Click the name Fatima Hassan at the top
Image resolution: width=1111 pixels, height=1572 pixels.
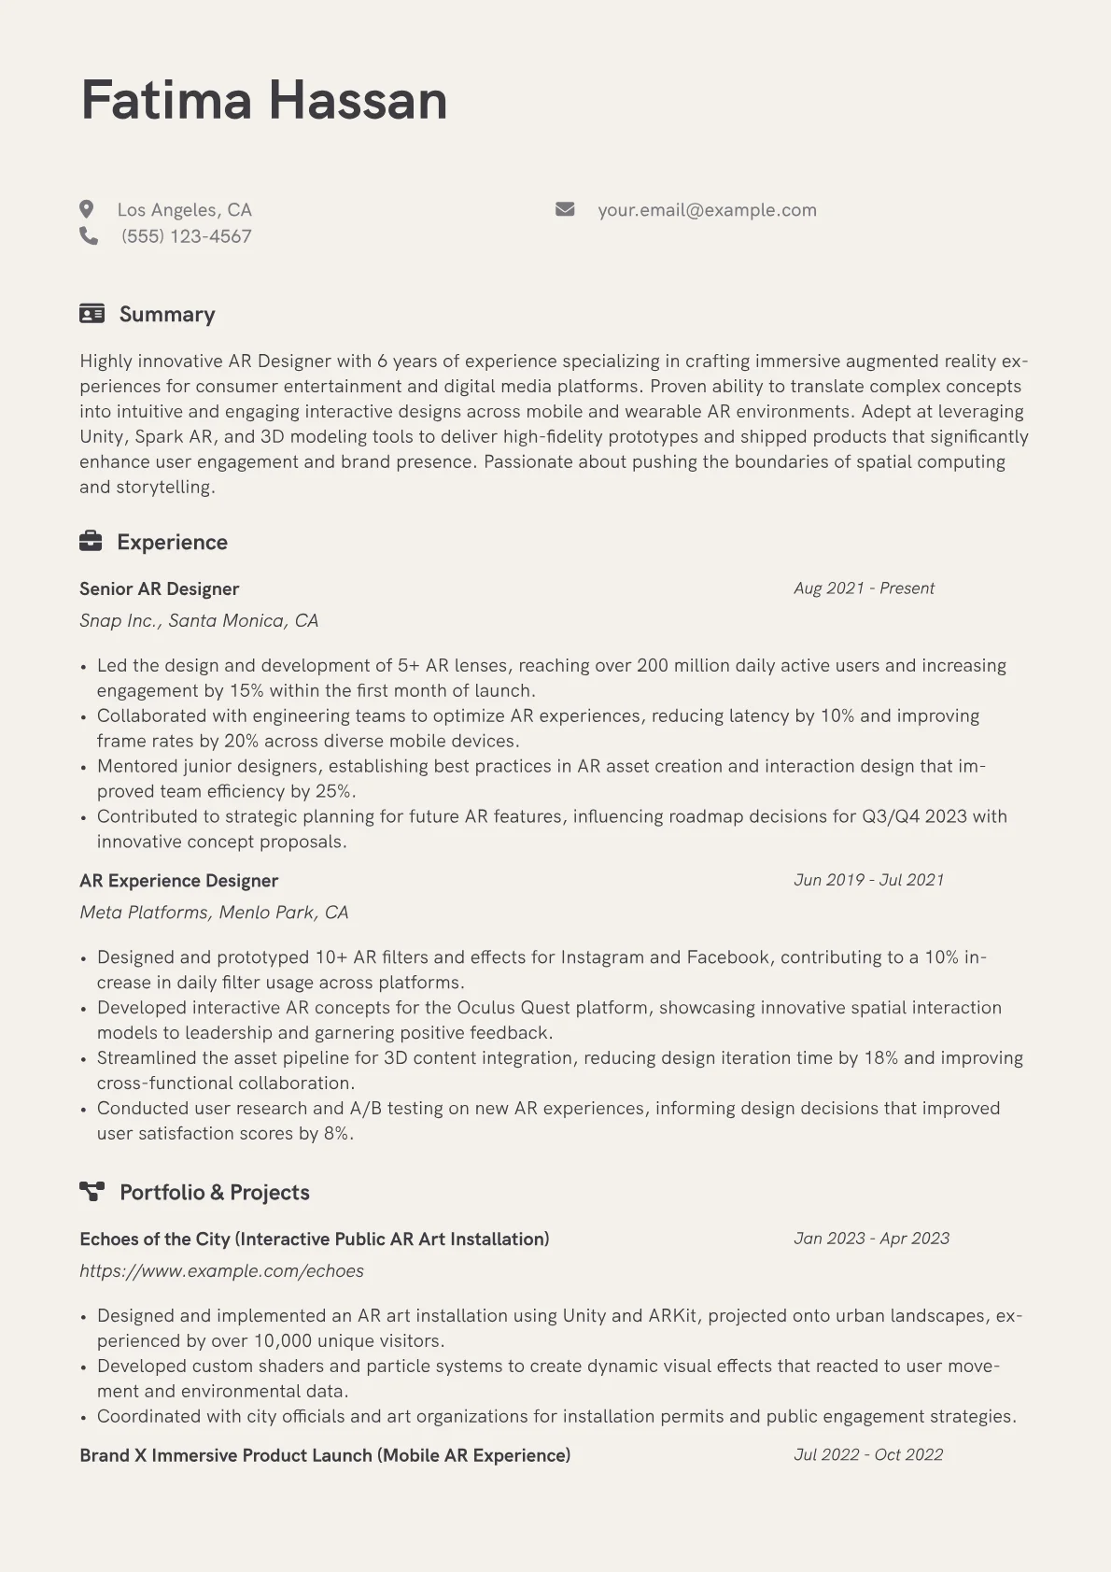[264, 100]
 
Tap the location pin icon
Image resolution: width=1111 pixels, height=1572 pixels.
[87, 209]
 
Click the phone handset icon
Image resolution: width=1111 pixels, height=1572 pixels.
[89, 235]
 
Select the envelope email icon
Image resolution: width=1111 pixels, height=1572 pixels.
[565, 209]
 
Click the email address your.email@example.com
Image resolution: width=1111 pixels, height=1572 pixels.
[707, 210]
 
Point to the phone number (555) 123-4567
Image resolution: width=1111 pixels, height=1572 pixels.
[186, 236]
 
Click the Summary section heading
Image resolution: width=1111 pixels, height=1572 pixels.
[167, 314]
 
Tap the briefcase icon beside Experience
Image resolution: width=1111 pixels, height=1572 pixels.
[91, 541]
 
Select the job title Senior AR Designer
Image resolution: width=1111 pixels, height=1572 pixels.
[159, 588]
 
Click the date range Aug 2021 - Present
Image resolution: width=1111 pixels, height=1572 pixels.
[864, 588]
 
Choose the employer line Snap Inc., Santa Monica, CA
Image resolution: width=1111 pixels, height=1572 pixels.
[199, 620]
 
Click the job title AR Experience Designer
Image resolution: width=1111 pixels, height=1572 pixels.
[178, 880]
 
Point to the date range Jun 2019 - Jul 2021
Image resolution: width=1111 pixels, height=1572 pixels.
[868, 880]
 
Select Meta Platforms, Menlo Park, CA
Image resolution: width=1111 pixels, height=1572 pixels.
[214, 912]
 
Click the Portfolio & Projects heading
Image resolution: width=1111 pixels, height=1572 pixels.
[214, 1192]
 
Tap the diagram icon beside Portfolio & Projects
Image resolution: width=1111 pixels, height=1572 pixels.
[91, 1191]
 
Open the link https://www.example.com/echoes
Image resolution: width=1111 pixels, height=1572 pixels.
[221, 1270]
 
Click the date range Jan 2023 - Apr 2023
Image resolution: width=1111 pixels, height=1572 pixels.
[871, 1239]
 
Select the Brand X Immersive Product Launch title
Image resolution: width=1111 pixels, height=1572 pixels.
[325, 1455]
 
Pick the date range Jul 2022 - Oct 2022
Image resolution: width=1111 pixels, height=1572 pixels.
[868, 1454]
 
